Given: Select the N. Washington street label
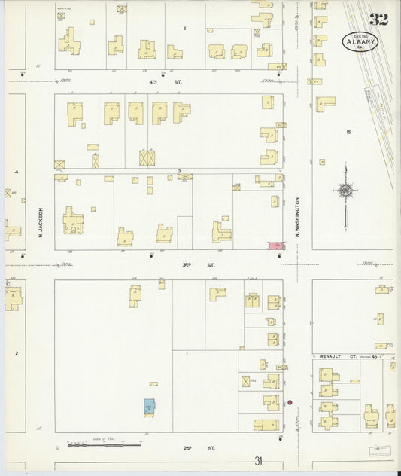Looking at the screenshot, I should [x=297, y=223].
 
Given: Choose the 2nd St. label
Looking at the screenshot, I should [x=188, y=448].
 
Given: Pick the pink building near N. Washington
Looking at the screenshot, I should [x=276, y=246].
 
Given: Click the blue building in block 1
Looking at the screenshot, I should [x=149, y=407].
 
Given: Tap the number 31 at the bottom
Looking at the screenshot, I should [x=260, y=462].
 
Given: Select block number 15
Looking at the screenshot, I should [x=348, y=133].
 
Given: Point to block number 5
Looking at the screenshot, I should [x=185, y=28].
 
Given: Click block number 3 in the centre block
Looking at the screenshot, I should [x=179, y=172].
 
